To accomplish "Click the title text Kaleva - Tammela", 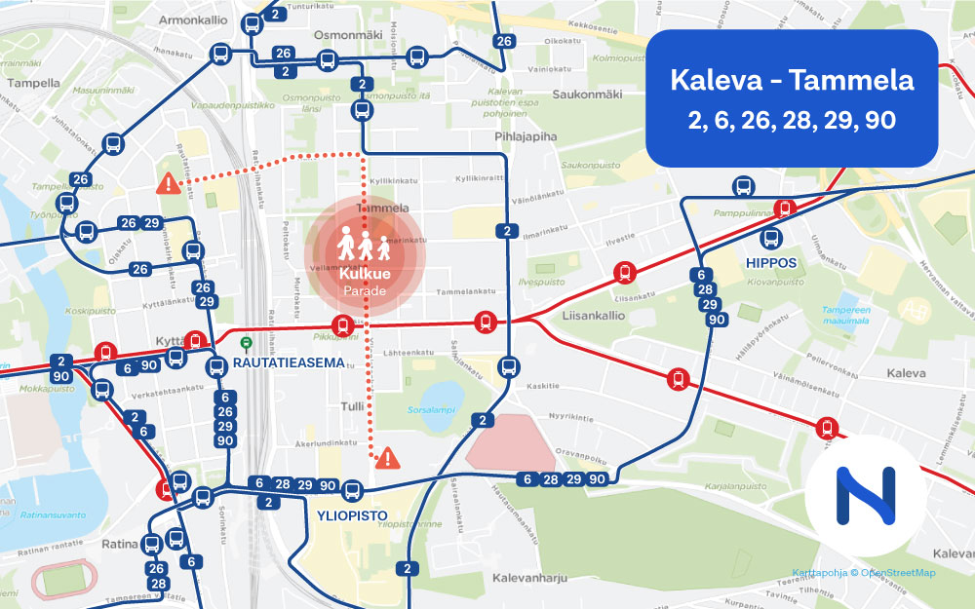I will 792,79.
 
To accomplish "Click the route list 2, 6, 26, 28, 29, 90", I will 792,122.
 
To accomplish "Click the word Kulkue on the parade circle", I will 365,276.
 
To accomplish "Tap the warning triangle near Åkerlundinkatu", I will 388,456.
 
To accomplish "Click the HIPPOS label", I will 772,263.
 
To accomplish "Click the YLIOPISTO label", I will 352,515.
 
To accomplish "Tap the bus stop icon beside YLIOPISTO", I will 352,491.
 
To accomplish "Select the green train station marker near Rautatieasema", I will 247,343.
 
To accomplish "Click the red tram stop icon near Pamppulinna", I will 784,209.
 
